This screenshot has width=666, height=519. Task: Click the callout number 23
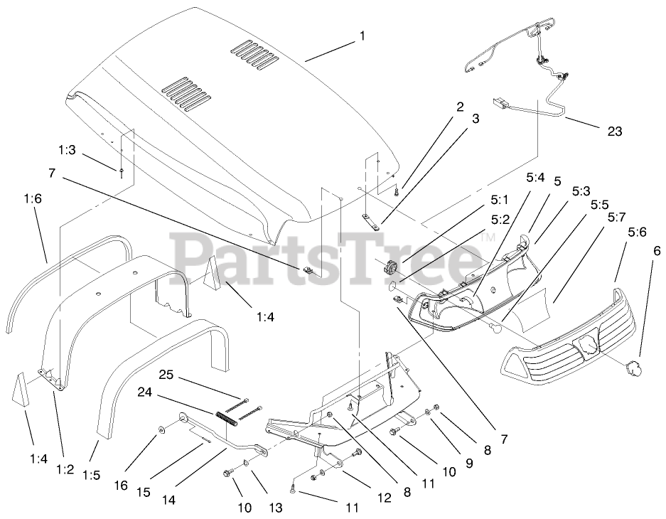click(x=614, y=131)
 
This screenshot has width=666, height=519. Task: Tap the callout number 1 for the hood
click(x=362, y=35)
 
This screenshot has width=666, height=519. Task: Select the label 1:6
click(x=33, y=200)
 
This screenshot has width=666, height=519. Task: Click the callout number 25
click(x=166, y=374)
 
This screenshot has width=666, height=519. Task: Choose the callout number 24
click(x=165, y=391)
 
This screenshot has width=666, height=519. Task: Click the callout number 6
click(x=656, y=250)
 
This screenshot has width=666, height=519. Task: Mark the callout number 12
click(x=383, y=498)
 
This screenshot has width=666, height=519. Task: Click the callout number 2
click(x=460, y=107)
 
